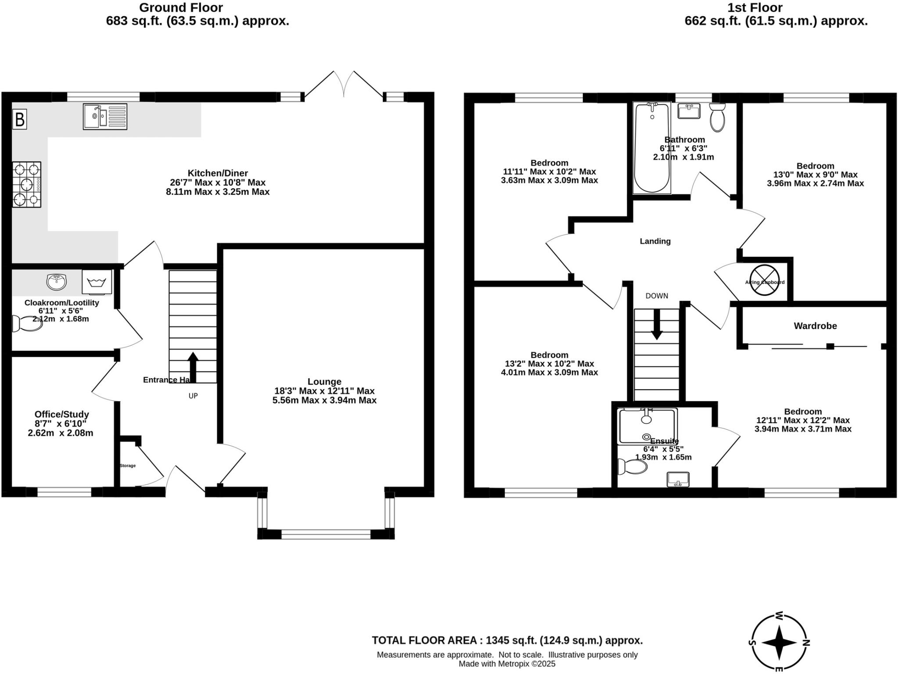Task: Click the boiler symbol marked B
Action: pyautogui.click(x=19, y=119)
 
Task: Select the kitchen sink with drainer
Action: pyautogui.click(x=105, y=116)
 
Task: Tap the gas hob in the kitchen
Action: pyautogui.click(x=27, y=184)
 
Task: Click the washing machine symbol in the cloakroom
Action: pyautogui.click(x=97, y=282)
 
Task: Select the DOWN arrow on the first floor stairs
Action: pyautogui.click(x=657, y=324)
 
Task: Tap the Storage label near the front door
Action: pyautogui.click(x=128, y=466)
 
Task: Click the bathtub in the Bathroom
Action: pyautogui.click(x=652, y=148)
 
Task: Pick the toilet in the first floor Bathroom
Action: pyautogui.click(x=717, y=117)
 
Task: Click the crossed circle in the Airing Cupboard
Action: pyautogui.click(x=764, y=280)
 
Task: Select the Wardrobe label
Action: pyautogui.click(x=815, y=326)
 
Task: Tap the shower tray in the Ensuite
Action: pyautogui.click(x=647, y=426)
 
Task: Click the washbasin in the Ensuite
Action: pyautogui.click(x=678, y=480)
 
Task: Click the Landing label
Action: pyautogui.click(x=655, y=241)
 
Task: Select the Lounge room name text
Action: pyautogui.click(x=324, y=382)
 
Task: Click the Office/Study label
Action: pyautogui.click(x=62, y=414)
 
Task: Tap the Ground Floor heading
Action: pyautogui.click(x=181, y=7)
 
